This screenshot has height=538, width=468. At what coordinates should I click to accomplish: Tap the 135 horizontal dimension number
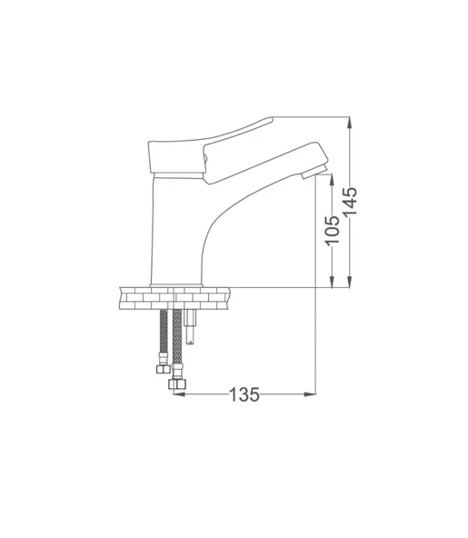(244, 394)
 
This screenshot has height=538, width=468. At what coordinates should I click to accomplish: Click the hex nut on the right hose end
(177, 386)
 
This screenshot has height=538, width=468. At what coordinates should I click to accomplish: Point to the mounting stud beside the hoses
(191, 327)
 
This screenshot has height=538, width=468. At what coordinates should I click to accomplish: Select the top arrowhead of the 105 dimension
(333, 179)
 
